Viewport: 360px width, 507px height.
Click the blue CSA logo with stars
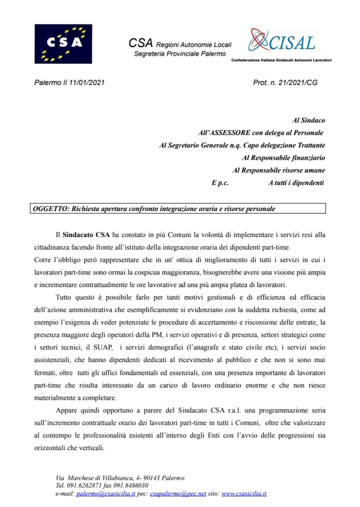point(63,43)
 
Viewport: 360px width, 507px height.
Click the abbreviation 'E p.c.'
point(220,183)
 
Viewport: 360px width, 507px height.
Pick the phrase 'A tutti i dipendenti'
point(296,183)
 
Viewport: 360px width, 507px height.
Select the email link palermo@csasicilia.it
point(106,493)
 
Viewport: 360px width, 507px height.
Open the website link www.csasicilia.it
point(244,493)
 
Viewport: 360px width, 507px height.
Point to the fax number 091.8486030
point(131,485)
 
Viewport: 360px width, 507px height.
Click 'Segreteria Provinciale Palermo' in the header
point(180,53)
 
